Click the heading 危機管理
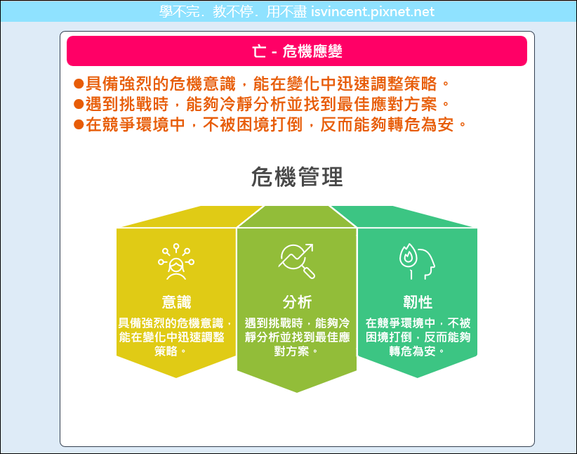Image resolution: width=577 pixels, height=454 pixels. coord(297,177)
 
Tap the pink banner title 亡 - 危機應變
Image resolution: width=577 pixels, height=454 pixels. coord(297,51)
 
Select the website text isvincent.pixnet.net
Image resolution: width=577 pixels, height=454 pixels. coord(373,12)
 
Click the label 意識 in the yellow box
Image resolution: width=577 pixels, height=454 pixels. coord(176,301)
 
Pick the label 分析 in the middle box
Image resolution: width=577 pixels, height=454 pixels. coord(297,301)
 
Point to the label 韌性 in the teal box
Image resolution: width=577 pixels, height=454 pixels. coord(418,301)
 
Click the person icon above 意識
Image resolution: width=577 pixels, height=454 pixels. coord(176,261)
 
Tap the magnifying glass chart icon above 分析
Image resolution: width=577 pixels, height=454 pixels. coord(297,261)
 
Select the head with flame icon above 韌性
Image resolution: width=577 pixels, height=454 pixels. coord(417,261)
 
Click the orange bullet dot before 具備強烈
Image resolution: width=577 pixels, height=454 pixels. coord(79,84)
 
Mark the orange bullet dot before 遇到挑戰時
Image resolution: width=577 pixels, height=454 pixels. coord(79,104)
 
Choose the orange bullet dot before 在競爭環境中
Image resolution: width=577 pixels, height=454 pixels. coord(79,124)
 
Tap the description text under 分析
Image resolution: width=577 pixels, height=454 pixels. coord(297,337)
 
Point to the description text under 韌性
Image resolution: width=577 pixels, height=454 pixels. coord(418,337)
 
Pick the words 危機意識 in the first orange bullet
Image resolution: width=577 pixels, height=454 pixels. coord(203,84)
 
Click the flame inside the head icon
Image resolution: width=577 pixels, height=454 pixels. coord(407,254)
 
